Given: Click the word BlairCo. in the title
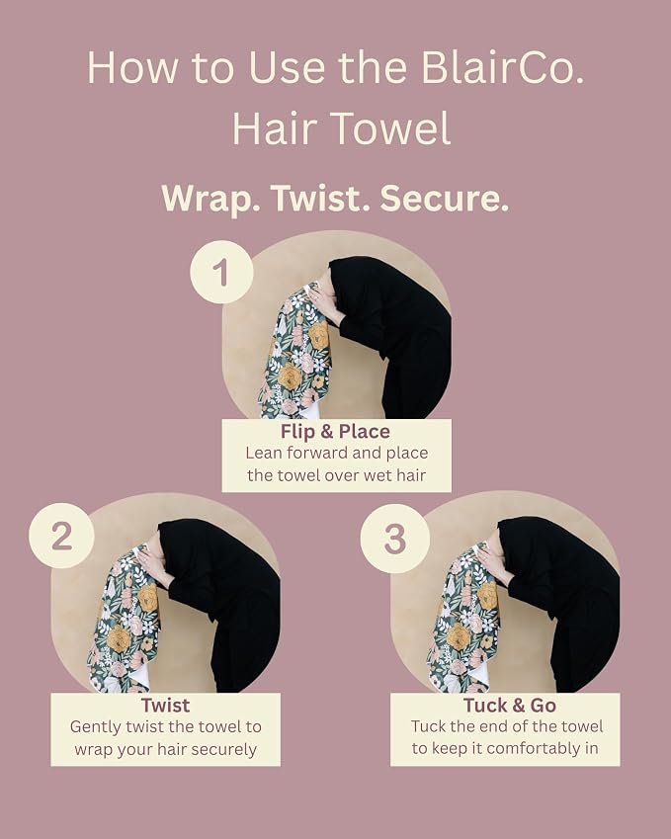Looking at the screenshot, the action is (x=502, y=67).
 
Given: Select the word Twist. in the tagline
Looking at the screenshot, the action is (x=320, y=198).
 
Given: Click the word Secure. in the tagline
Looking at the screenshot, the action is (x=444, y=198).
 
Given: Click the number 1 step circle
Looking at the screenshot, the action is (x=221, y=272).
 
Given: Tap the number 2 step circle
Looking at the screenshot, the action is (x=61, y=535).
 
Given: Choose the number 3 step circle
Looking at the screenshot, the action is (x=395, y=539).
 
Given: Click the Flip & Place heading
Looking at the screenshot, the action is (x=336, y=431).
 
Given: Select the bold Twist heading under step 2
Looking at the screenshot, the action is (x=165, y=706).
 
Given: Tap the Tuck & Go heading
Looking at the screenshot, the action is (x=510, y=706).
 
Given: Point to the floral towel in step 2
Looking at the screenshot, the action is (x=125, y=621).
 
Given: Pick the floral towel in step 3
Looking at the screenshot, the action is (x=463, y=620).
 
